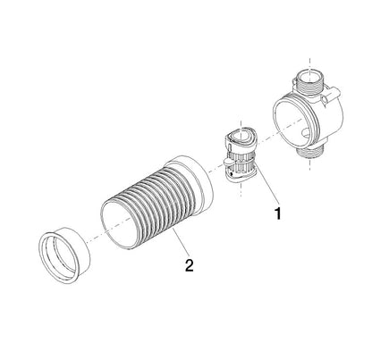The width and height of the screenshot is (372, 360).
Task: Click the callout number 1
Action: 278,213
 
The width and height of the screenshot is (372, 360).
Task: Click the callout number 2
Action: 190,265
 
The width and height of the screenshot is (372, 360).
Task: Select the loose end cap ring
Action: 64,255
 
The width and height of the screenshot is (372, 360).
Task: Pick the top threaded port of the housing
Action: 310,81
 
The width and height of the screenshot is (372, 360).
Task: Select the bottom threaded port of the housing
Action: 310,154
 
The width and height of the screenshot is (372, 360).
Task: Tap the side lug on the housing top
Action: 331,95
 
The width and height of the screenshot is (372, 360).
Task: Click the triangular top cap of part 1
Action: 241,138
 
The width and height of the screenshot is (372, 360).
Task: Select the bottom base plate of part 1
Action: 240,176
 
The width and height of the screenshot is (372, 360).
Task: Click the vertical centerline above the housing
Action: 310,63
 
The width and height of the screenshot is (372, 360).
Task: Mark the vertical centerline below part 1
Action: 241,189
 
